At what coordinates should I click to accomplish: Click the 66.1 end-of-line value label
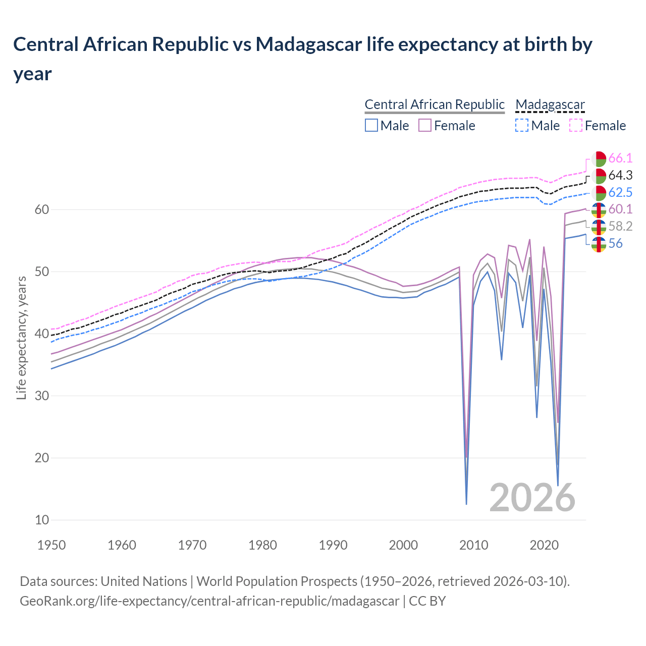coord(620,158)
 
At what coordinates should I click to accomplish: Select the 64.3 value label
coord(620,176)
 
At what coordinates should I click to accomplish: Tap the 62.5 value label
coord(620,192)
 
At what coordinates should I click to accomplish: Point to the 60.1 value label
coord(620,209)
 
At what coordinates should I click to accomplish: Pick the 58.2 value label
coord(620,227)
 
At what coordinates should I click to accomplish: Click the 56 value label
coord(615,244)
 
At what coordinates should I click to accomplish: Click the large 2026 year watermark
coord(532,498)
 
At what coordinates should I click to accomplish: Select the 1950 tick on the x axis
coord(52,545)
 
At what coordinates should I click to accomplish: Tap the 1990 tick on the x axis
coord(333,545)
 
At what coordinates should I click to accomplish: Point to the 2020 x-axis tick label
coord(544,545)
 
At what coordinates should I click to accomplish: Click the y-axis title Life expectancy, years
coord(21,338)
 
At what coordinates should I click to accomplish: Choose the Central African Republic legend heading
coord(434,104)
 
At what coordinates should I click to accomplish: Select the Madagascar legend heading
coord(550,104)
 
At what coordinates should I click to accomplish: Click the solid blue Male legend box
coord(371,125)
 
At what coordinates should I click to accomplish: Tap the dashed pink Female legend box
coord(575,125)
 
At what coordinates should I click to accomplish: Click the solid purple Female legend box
coord(425,125)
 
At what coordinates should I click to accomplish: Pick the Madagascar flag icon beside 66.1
coord(599,158)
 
